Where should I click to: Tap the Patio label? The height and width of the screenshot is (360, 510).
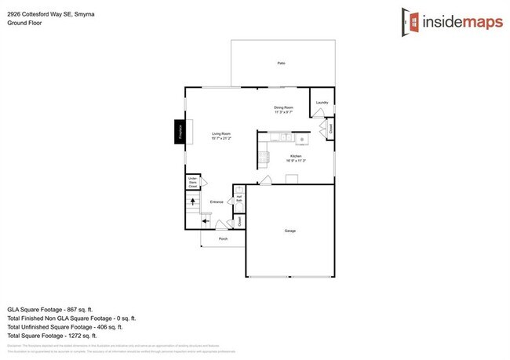point(280,63)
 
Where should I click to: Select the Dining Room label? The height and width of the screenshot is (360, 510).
point(283,109)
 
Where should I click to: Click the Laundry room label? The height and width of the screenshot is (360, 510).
point(322,103)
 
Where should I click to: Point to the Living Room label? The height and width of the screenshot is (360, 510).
point(221,135)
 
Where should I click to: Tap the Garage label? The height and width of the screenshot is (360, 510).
point(290,231)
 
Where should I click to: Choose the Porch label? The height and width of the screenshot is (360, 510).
point(224,238)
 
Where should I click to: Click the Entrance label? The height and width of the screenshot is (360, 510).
point(217,202)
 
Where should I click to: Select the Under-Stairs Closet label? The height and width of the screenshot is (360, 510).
point(193,183)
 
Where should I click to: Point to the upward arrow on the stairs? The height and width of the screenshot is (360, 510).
point(193,202)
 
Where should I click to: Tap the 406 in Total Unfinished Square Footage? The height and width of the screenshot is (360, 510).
point(101,326)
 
